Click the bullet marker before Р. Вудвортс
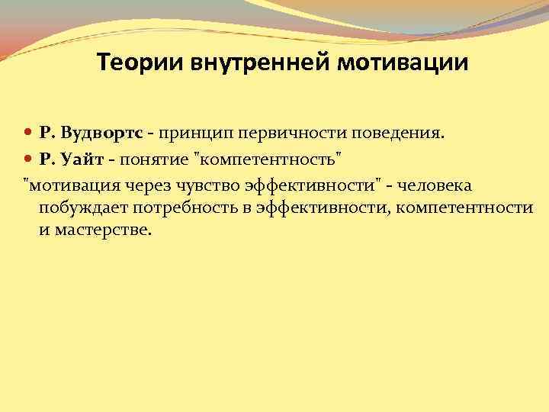coord(28,133)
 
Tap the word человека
coord(440,186)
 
